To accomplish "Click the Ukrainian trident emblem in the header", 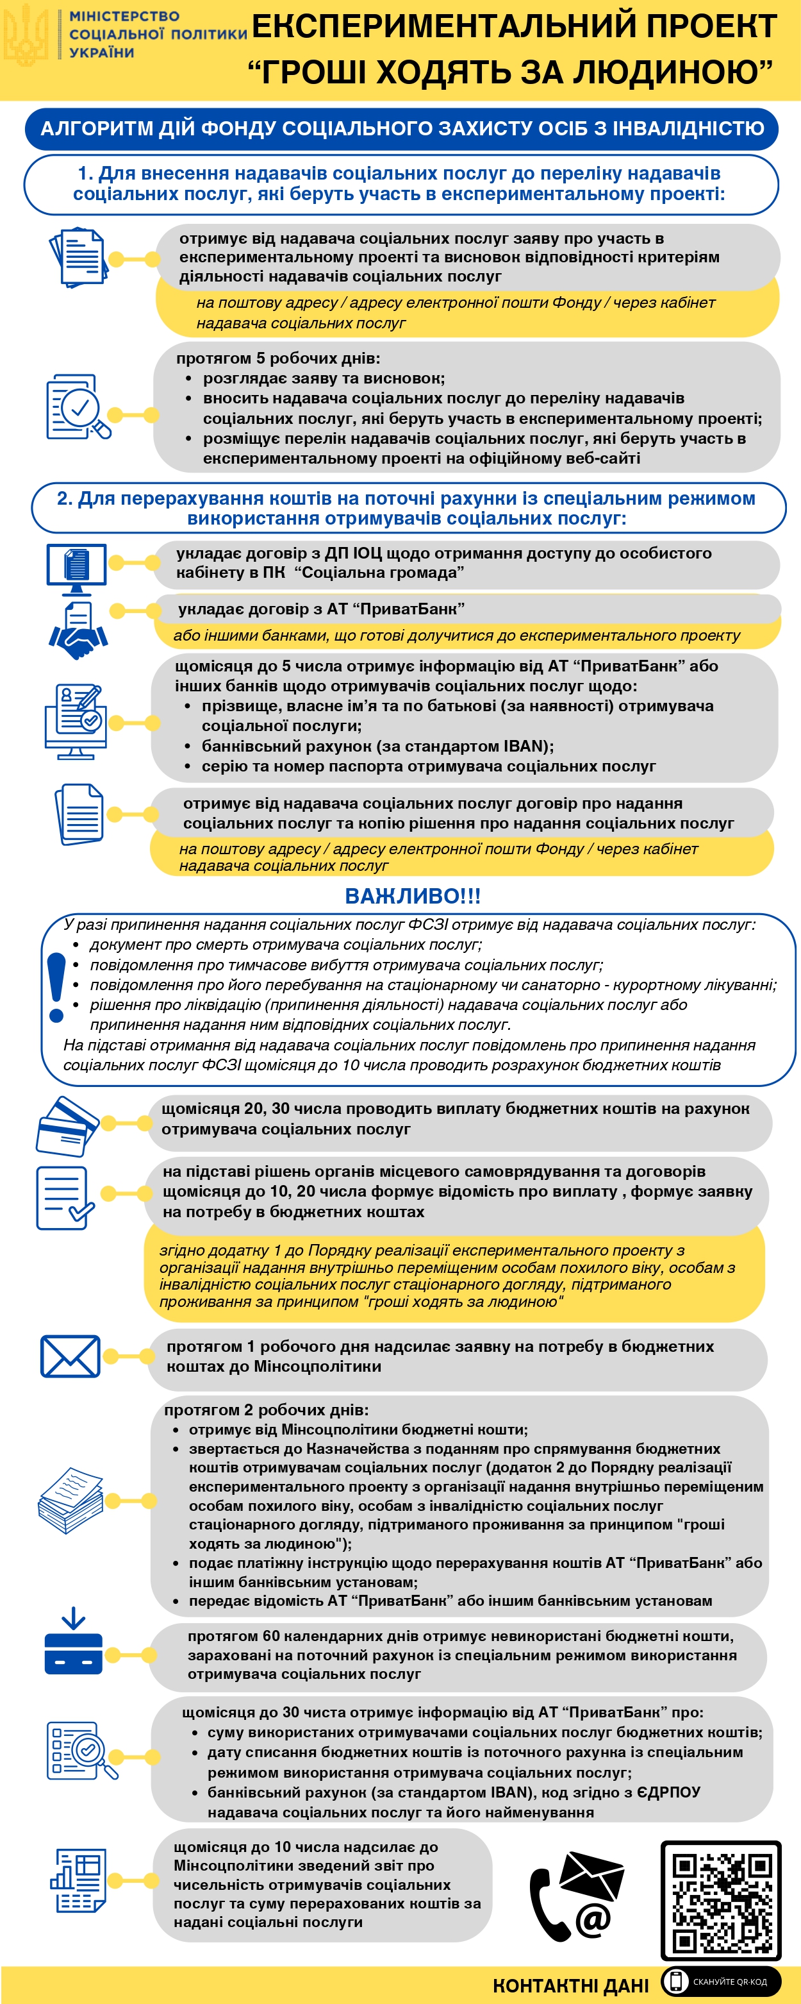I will pos(26,35).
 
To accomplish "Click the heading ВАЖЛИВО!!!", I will pos(412,897).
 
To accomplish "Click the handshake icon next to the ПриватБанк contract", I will pos(78,631).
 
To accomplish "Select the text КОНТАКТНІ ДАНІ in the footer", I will pos(570,1985).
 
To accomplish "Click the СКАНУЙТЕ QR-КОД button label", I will pos(729,1982).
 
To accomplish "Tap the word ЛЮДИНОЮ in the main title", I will pos(673,72).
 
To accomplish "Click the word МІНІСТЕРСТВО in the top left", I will pos(124,16).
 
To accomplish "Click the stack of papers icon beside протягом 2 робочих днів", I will pos(70,1500).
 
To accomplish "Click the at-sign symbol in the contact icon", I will pos(593,1919).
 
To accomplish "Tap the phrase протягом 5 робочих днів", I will pos(277,358).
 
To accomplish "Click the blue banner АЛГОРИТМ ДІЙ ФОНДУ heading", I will pos(401,128).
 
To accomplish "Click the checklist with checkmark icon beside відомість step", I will pos(65,1198).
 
